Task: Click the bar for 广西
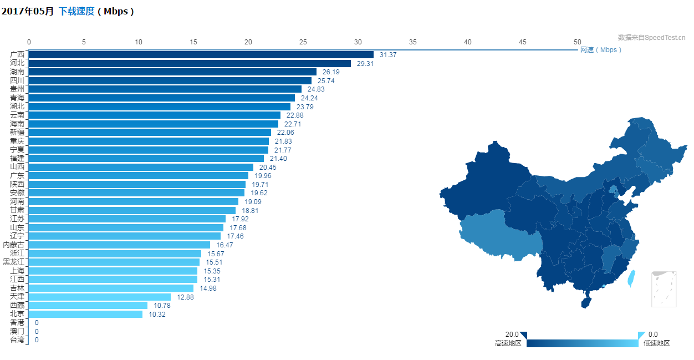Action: click(201, 54)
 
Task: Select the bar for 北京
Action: click(85, 314)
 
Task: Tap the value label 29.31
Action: click(365, 63)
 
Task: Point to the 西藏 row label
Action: click(17, 306)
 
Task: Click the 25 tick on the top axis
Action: click(303, 42)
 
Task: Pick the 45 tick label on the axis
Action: click(523, 42)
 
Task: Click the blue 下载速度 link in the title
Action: click(76, 11)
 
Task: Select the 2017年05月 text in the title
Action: click(28, 11)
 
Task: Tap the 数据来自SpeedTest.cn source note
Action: click(651, 38)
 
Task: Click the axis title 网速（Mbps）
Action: click(601, 50)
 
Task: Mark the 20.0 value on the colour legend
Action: click(512, 334)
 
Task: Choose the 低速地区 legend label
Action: click(656, 343)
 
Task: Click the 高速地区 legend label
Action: click(508, 343)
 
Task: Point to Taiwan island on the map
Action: click(630, 278)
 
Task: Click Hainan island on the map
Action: click(586, 302)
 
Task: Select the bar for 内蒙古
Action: click(119, 245)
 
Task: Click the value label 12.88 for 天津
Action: click(185, 297)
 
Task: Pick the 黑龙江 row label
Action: click(14, 262)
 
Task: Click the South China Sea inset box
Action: click(664, 289)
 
